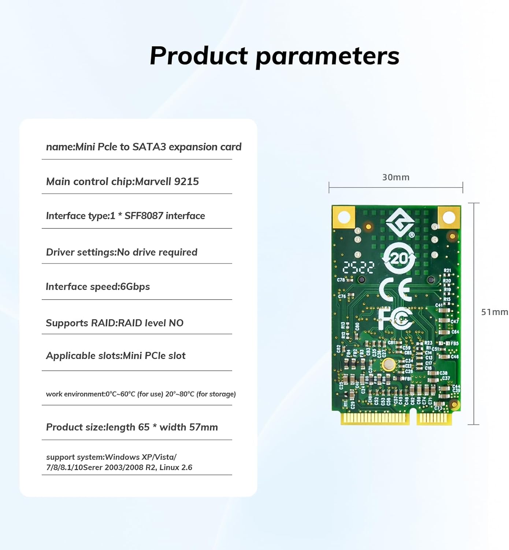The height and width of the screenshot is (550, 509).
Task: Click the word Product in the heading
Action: coord(199,56)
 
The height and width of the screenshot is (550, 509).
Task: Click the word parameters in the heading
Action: coord(327,56)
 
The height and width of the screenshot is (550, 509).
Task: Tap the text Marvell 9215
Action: coord(167,181)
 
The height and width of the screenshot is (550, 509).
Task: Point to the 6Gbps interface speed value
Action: coord(135,287)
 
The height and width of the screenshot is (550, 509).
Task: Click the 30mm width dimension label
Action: coord(395,177)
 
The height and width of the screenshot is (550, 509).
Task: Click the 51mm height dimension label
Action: coord(494,312)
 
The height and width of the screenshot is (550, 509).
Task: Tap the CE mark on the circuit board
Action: coord(395,289)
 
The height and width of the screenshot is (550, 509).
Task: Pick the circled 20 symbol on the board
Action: coord(399,259)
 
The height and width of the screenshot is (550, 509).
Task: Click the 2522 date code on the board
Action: coord(359,268)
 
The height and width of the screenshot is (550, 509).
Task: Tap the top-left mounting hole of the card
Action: coord(343,217)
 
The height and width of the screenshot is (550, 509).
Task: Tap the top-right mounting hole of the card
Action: coord(449,217)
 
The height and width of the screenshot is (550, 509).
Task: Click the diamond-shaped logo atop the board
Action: coord(400,222)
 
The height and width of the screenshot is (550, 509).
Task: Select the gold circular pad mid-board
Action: coord(388,364)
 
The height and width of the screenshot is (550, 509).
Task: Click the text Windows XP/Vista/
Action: coord(141,457)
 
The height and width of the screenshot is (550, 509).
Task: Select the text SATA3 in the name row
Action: coord(149,147)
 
